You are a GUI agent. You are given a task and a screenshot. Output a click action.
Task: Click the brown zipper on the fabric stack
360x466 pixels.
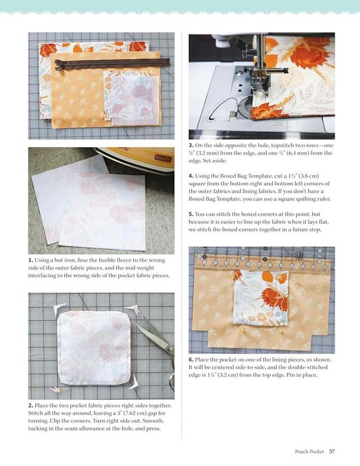tap(112, 64)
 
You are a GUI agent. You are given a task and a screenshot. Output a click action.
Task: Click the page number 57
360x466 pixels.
tap(332, 451)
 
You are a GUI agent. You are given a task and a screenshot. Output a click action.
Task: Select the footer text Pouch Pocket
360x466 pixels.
tap(309, 451)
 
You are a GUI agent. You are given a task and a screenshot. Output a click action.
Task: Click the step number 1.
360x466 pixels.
tap(31, 260)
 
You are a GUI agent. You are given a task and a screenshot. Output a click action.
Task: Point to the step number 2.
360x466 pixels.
tap(31, 405)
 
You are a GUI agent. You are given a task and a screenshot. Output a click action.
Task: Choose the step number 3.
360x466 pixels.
tap(191, 145)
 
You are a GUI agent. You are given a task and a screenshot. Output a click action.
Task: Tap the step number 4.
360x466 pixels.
tap(191, 176)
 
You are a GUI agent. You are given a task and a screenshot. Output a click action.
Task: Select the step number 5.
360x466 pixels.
tap(191, 214)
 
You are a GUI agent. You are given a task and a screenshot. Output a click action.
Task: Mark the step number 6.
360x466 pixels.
tap(191, 359)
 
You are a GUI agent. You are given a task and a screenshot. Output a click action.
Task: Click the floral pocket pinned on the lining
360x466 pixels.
tap(261, 298)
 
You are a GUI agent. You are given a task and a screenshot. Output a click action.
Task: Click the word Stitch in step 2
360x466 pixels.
tap(35, 413)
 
